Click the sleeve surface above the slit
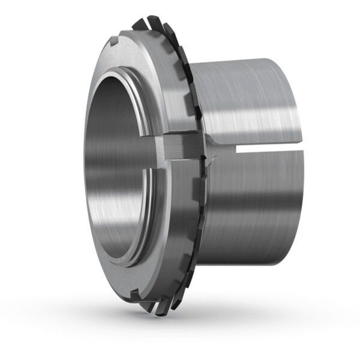coord(252,102)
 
